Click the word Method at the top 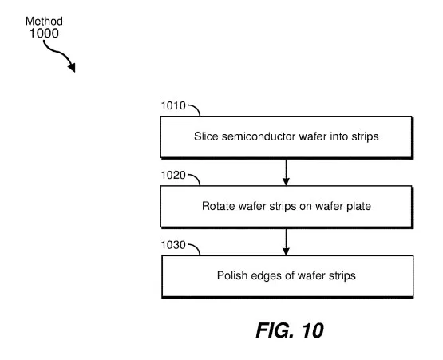click(44, 22)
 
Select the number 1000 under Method click(44, 33)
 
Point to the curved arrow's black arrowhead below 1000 click(72, 67)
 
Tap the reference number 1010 click(173, 105)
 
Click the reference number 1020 click(173, 175)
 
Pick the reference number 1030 click(173, 245)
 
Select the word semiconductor click(259, 136)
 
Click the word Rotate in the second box click(219, 206)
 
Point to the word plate click(359, 206)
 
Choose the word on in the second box click(306, 207)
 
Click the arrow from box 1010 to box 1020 click(286, 172)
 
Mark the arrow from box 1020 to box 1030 click(286, 242)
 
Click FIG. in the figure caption click(275, 330)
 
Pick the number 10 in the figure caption click(313, 330)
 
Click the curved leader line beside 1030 click(196, 247)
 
